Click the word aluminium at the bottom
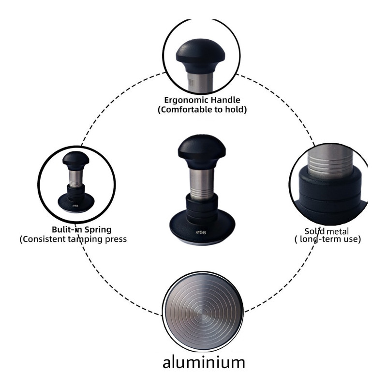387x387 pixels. tap(204, 362)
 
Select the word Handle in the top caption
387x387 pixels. tap(225, 100)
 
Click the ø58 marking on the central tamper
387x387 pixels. tap(201, 232)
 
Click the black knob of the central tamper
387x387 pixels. tap(202, 151)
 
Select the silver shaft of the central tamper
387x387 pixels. tap(202, 184)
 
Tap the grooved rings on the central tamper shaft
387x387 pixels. tap(202, 194)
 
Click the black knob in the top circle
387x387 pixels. tap(200, 56)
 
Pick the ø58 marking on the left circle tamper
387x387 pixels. tap(75, 206)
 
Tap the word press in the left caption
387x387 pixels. tap(117, 239)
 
